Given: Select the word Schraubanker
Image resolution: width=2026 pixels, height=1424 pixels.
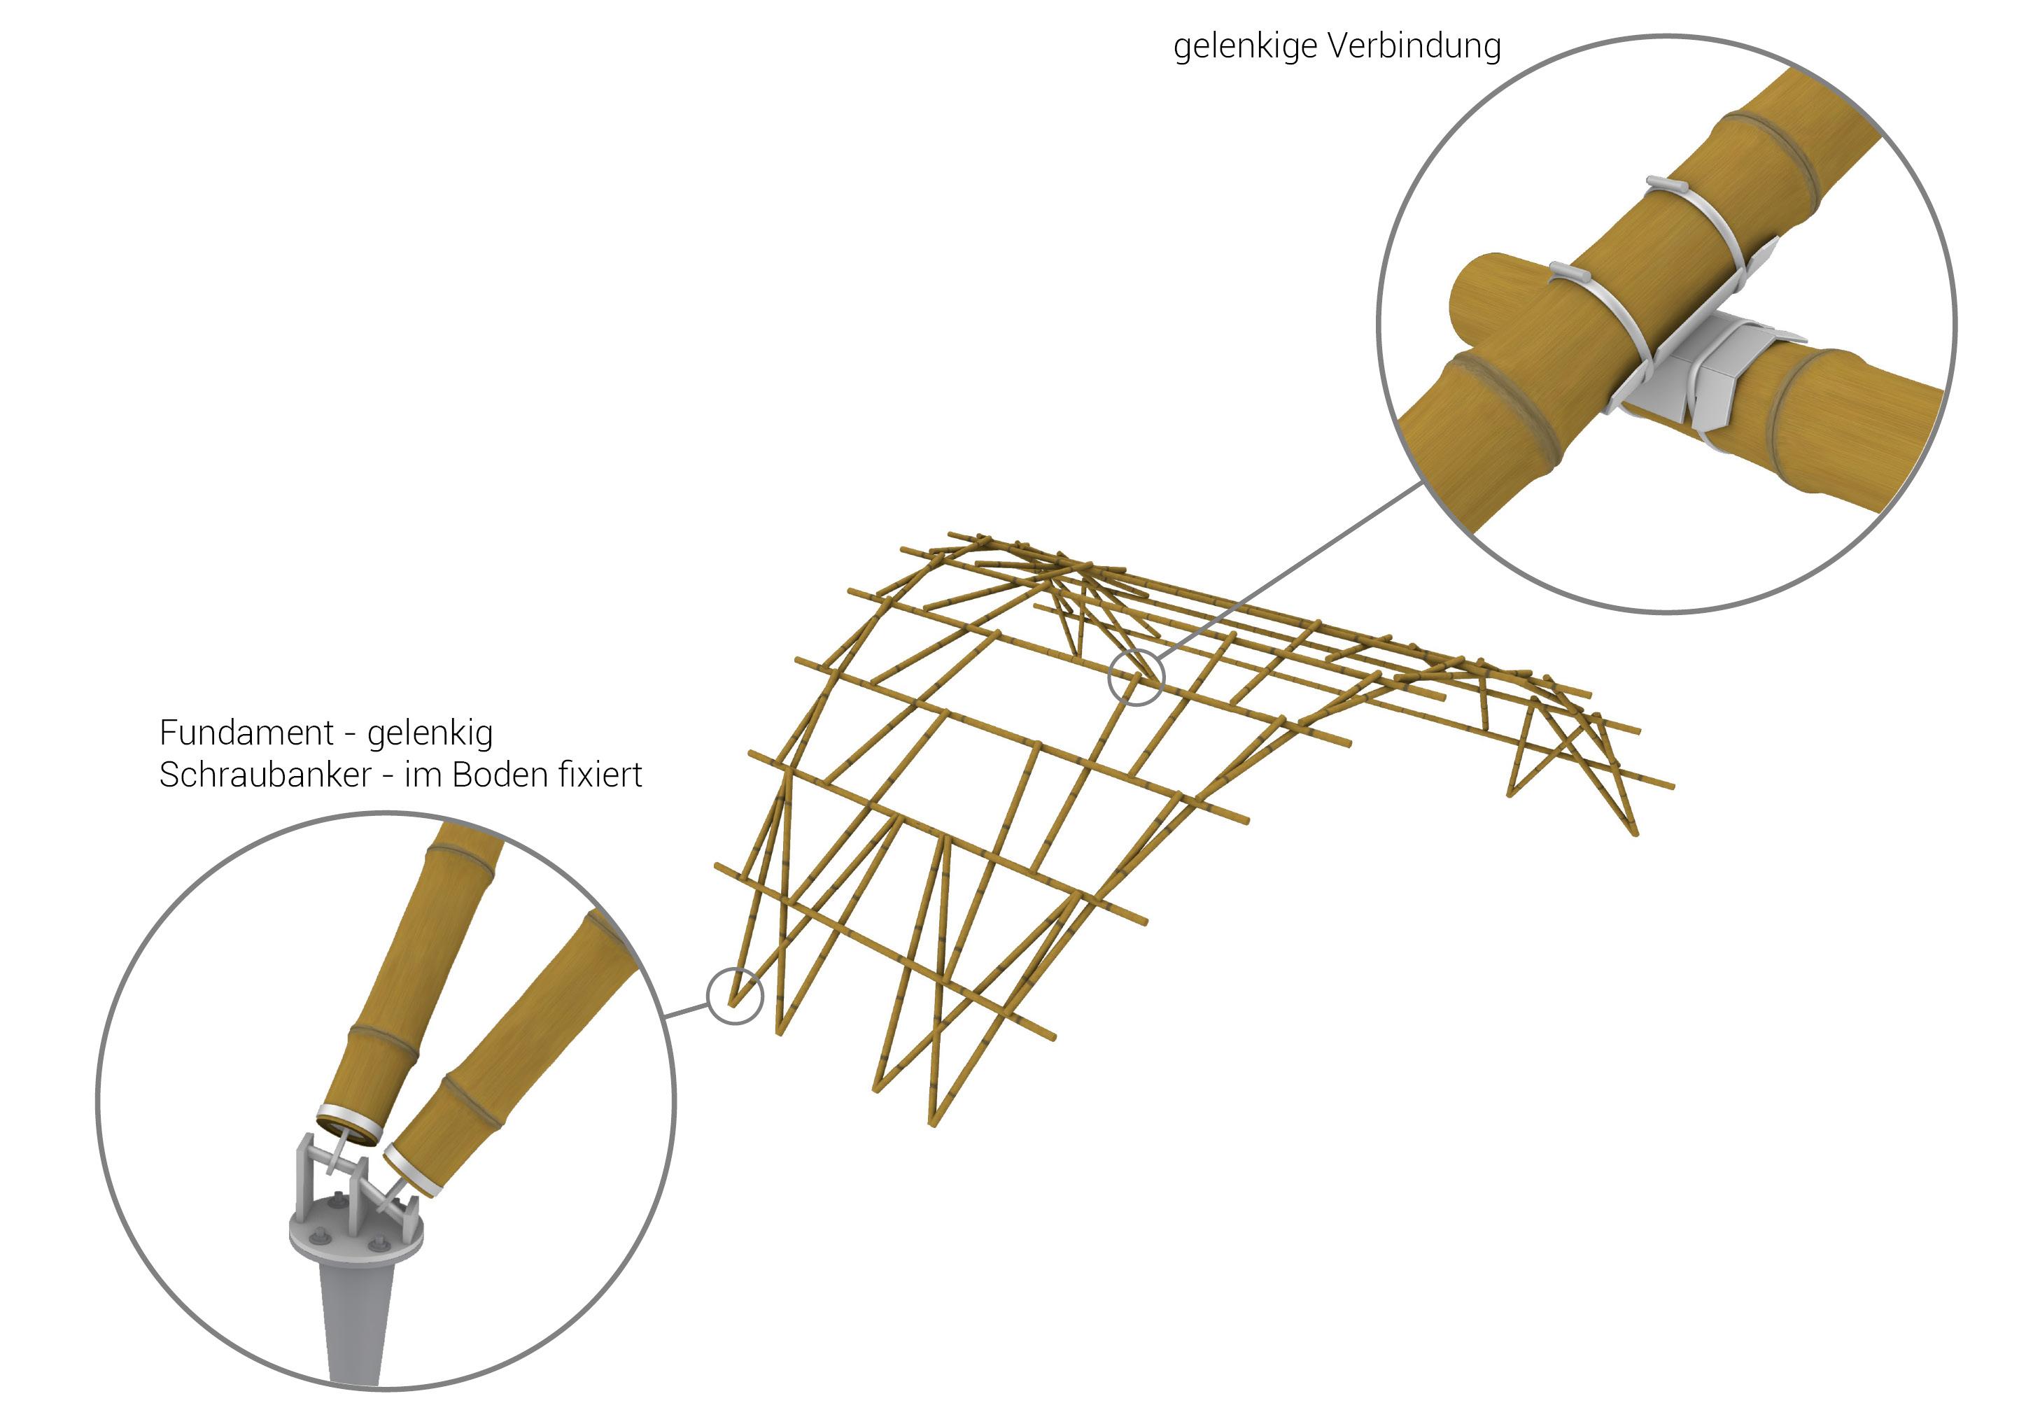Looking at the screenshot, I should pos(264,775).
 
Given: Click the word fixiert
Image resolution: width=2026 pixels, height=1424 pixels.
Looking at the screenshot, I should pos(600,775).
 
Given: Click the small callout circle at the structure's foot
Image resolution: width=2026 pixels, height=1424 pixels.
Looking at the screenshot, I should pos(734,996).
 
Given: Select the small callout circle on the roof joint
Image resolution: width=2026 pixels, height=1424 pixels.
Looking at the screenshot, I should pos(1136,677).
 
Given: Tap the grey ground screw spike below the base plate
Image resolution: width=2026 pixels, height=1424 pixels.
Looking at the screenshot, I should pos(356,1323).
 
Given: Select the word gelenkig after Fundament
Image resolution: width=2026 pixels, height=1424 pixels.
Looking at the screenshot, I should pos(430,734).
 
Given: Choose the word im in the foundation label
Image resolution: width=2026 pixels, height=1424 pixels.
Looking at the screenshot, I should pos(422,775).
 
